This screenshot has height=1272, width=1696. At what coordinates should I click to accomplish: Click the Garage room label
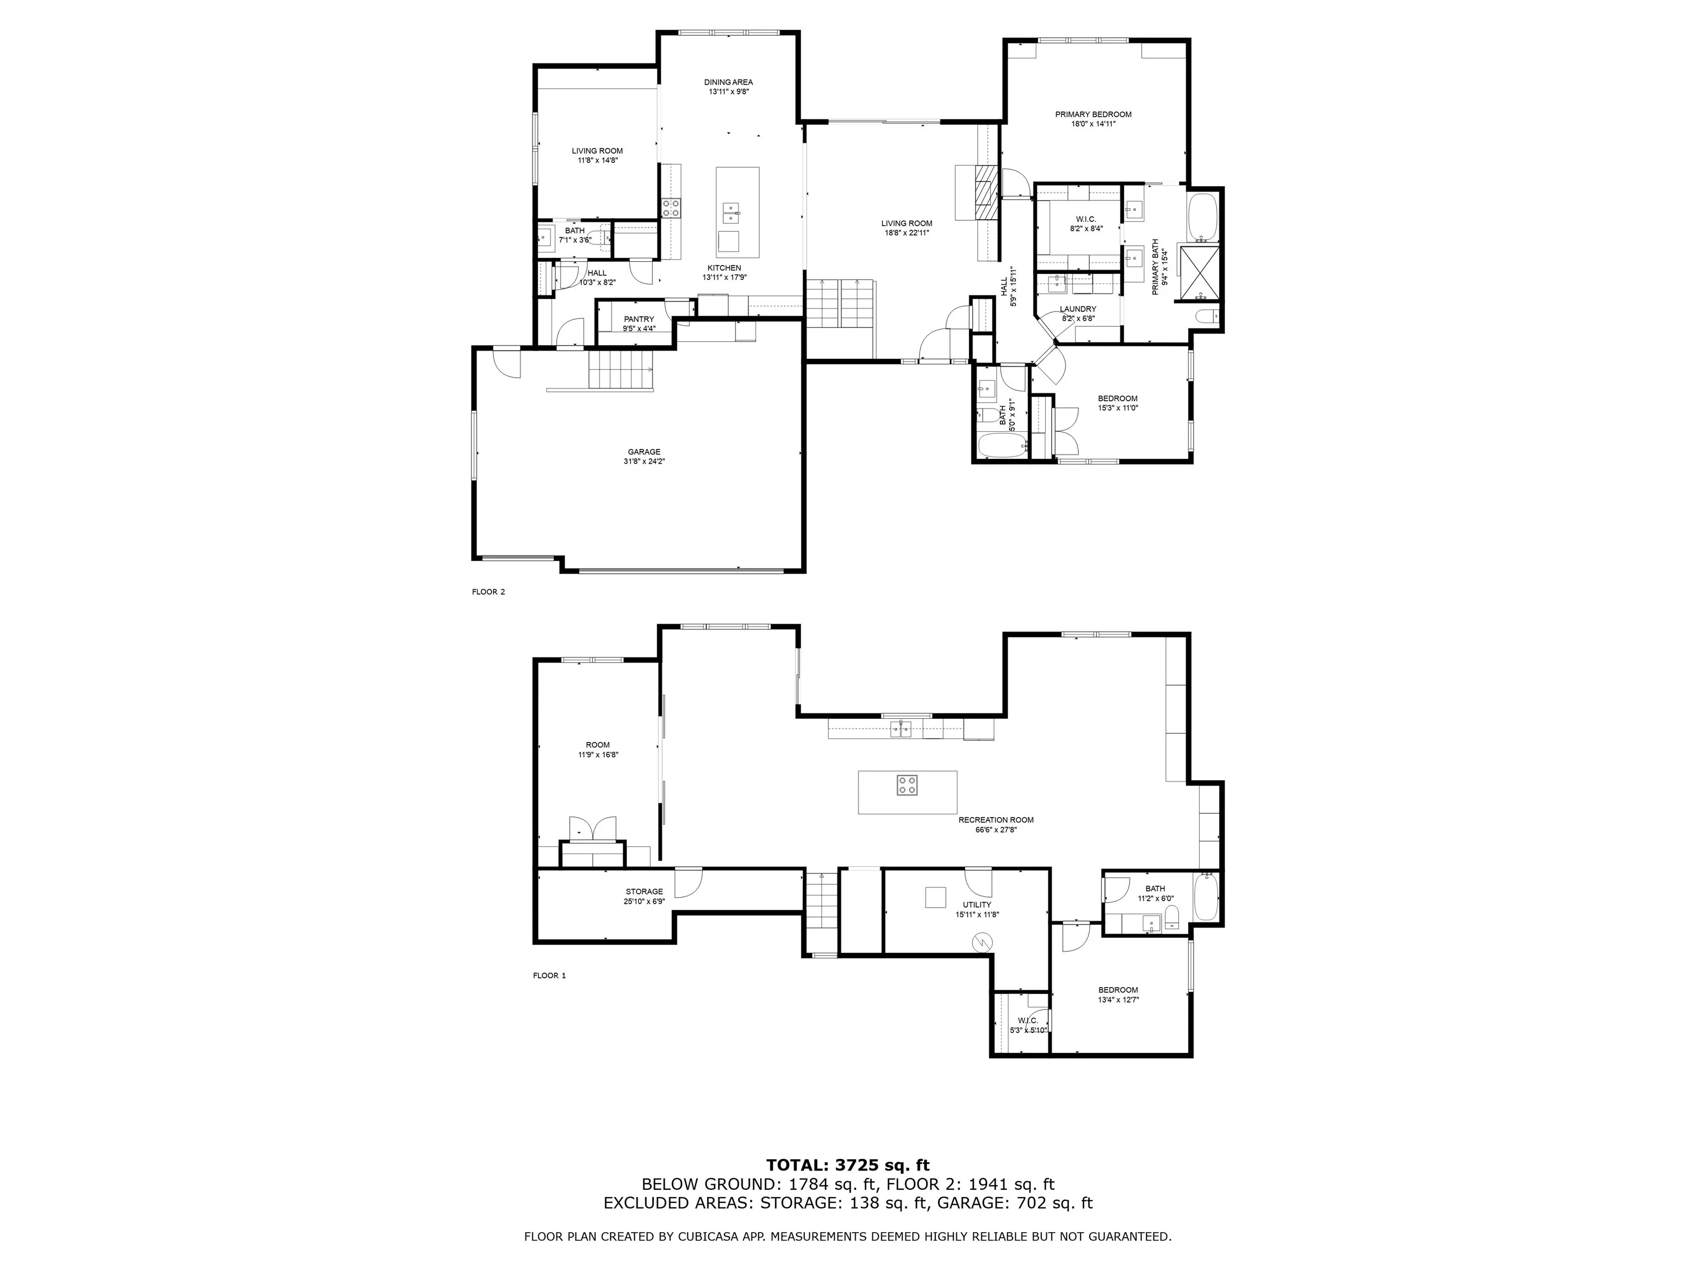[643, 452]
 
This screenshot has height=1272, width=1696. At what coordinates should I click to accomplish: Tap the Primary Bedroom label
[1093, 114]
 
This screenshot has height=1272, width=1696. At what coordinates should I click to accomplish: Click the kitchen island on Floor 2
[738, 213]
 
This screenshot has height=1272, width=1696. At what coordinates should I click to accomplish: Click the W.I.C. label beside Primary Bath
[1086, 219]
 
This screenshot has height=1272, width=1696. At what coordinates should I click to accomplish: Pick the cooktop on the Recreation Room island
[907, 785]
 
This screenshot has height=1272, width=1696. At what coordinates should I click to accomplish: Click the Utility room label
[977, 905]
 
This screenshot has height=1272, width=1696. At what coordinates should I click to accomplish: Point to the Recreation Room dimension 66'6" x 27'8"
[995, 830]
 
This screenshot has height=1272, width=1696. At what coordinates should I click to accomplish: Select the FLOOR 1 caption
[549, 976]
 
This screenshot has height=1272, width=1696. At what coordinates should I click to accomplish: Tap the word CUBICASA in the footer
[695, 1236]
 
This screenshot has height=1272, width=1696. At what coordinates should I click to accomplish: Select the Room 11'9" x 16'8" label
[597, 745]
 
